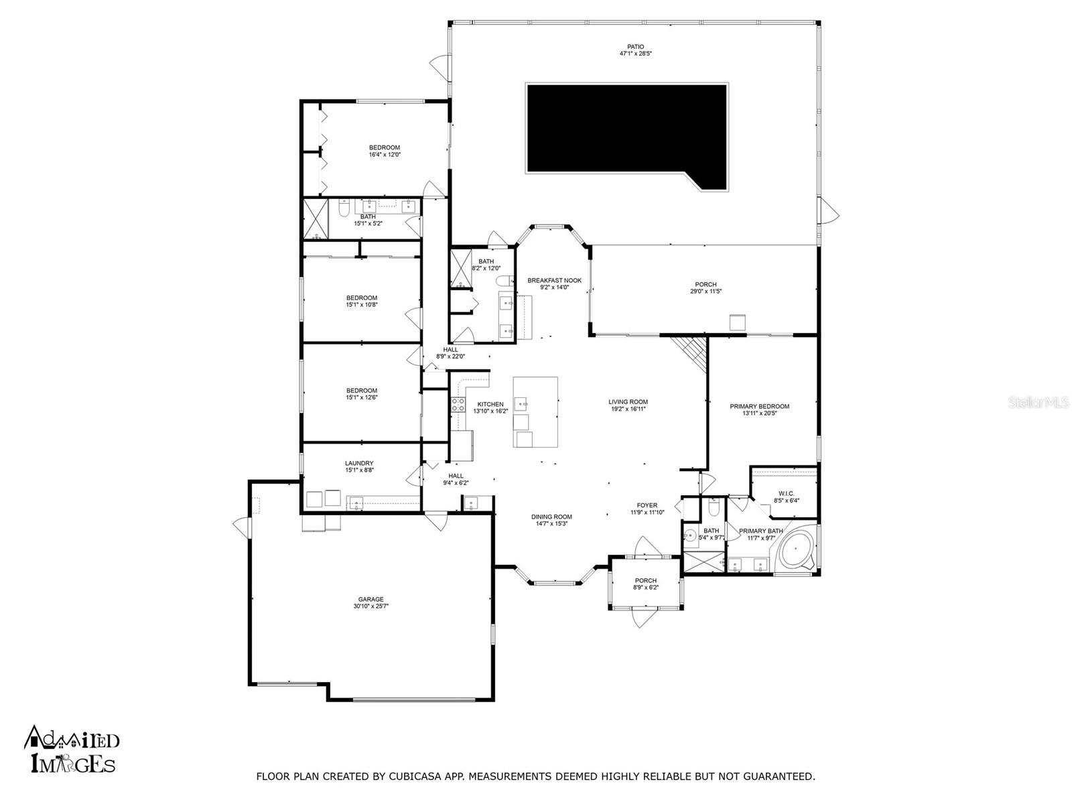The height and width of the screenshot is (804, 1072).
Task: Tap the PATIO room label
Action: tap(635, 47)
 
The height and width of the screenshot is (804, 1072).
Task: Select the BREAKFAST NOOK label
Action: tap(554, 281)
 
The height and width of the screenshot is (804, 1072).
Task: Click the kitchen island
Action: tap(535, 412)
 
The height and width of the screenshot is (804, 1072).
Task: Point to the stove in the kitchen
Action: tap(459, 404)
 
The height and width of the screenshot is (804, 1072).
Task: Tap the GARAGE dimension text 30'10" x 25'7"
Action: tap(371, 606)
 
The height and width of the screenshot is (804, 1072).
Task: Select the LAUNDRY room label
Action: tap(359, 464)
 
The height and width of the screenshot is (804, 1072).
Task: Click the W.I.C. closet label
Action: tap(786, 494)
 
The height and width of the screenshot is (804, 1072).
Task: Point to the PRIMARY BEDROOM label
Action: tap(759, 406)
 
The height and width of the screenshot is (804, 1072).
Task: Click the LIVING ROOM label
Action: tap(628, 402)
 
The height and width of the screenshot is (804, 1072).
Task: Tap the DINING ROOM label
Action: tap(551, 517)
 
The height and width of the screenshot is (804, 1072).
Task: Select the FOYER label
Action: tap(647, 505)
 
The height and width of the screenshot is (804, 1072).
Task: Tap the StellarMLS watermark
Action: tap(1044, 402)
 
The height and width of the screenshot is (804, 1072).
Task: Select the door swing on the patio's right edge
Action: tap(831, 212)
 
